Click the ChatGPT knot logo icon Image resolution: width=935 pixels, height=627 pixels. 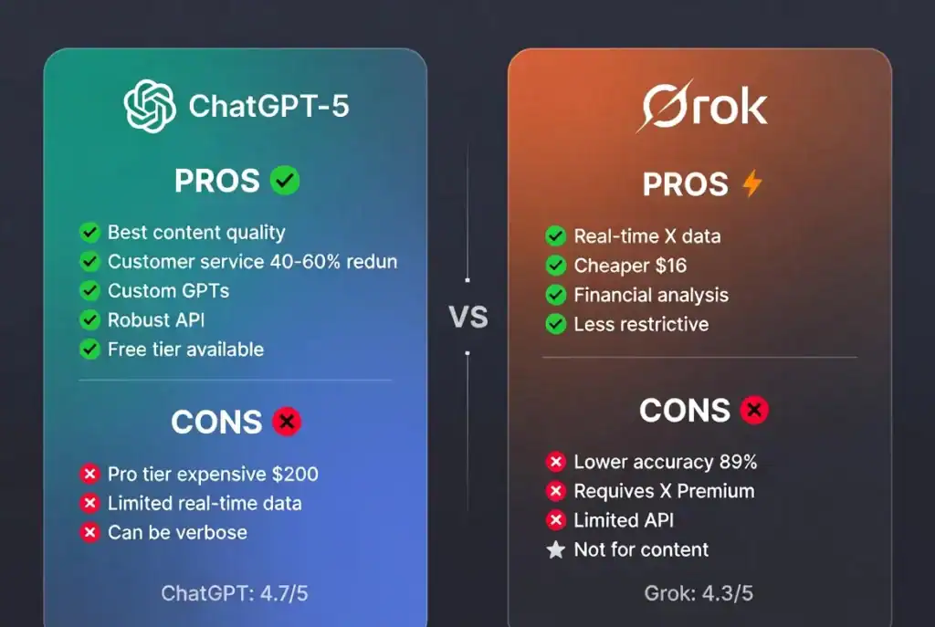pos(150,106)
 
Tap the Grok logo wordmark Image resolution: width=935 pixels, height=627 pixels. pos(703,106)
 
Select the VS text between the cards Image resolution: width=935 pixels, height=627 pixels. pos(468,317)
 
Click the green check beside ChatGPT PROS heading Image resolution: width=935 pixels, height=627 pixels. pos(285,181)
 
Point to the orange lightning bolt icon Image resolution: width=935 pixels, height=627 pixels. pos(751,184)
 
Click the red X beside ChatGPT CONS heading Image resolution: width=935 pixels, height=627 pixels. pos(287,422)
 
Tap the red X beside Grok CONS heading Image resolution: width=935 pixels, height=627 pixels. pos(754,411)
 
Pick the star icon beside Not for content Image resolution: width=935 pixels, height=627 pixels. pos(555,549)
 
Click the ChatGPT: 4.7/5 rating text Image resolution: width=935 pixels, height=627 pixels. pos(235,593)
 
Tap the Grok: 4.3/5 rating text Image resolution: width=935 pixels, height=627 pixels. pos(699,593)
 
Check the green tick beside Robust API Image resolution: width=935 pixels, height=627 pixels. pos(89,319)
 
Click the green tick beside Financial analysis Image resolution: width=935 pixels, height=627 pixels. pos(555,295)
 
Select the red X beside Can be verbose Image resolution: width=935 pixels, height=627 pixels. pos(89,532)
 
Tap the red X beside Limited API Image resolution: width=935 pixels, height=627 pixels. pos(555,520)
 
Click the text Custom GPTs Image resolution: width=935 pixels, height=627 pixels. pos(168,290)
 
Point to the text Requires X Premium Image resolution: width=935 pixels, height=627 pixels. pos(664,491)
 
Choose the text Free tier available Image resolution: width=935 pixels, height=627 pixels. pos(185,349)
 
